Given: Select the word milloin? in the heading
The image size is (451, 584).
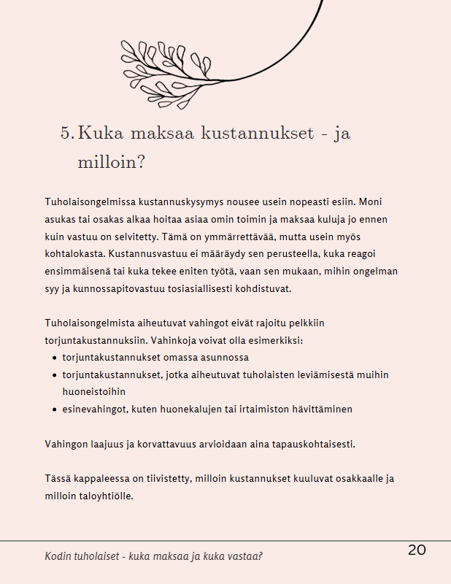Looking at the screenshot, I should coord(111,161).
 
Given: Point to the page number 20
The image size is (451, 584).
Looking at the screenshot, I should coord(417,550).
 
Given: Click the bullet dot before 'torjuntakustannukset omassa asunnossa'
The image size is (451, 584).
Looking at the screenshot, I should coord(55,358).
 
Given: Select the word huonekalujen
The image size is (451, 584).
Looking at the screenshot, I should coord(190,409).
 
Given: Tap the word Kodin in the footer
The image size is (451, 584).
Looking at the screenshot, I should coord(59,556).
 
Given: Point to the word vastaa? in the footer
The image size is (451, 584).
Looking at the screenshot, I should coord(244,556).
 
